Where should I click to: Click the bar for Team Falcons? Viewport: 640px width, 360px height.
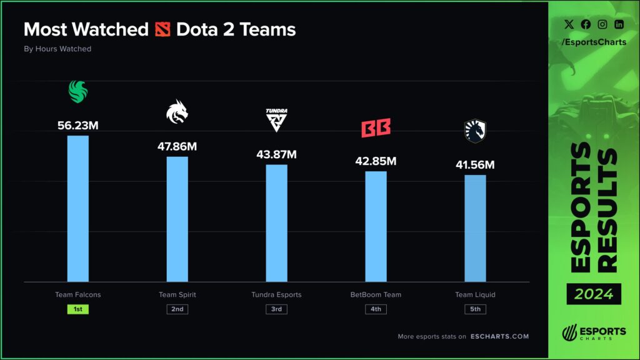(77, 209)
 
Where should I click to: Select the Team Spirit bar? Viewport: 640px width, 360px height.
(177, 219)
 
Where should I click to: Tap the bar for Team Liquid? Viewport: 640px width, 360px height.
(475, 228)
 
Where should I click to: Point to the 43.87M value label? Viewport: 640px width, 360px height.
(276, 154)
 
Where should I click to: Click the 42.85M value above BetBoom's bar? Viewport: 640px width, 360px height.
(376, 161)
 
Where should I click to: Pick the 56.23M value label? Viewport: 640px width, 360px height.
(77, 125)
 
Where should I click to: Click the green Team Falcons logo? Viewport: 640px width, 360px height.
(78, 92)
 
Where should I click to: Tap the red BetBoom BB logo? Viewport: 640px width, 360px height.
(376, 128)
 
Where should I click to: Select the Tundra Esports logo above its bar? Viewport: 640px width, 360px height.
(276, 119)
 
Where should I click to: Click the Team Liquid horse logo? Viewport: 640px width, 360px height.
(475, 131)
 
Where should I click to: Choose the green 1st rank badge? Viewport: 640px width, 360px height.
(77, 309)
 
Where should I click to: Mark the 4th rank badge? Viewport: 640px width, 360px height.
(376, 309)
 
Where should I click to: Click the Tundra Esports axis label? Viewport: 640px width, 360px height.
(276, 294)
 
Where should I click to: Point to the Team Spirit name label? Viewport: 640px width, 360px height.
(177, 294)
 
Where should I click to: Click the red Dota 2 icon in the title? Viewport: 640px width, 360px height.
(162, 29)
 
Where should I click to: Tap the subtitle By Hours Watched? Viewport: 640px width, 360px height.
(57, 49)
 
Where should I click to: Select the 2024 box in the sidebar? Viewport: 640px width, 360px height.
(594, 293)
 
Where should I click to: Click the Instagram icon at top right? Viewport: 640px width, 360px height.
(602, 24)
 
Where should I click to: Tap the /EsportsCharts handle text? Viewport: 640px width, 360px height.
(594, 42)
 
